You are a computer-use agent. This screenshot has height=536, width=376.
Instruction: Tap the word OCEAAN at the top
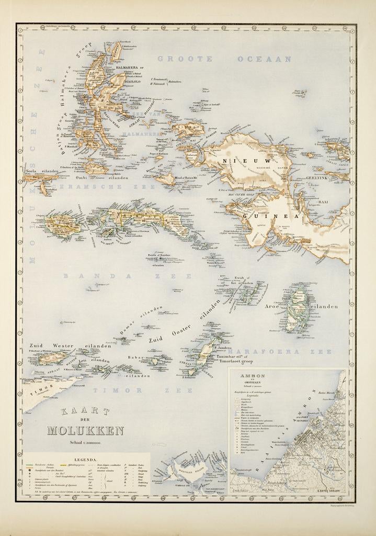pos(264,59)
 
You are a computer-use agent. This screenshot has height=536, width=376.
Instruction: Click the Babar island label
pos(135,357)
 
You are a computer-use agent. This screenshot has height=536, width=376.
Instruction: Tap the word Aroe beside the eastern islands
pos(273,306)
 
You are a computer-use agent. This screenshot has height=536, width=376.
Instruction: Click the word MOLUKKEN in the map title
pos(86,431)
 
